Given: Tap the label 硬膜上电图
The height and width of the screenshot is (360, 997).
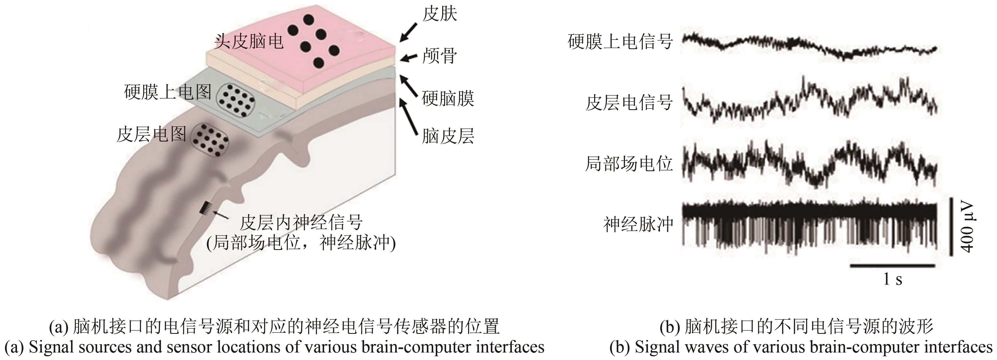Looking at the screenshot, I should [x=168, y=92].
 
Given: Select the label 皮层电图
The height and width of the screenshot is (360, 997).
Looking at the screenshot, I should [x=151, y=134].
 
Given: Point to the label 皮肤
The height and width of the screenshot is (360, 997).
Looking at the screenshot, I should [x=439, y=14].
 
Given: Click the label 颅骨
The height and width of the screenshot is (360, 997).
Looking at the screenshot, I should [x=439, y=56].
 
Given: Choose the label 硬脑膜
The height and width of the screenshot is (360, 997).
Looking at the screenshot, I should [x=448, y=98].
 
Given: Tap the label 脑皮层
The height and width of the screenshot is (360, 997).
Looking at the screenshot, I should [x=448, y=136].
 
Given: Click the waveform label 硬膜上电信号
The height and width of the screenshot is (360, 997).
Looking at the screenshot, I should [x=620, y=41].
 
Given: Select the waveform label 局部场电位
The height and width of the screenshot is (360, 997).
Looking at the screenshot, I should [x=629, y=164].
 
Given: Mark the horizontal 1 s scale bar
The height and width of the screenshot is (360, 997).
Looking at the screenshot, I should [x=892, y=266].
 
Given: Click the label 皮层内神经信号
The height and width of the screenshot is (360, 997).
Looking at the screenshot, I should [x=301, y=222].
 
